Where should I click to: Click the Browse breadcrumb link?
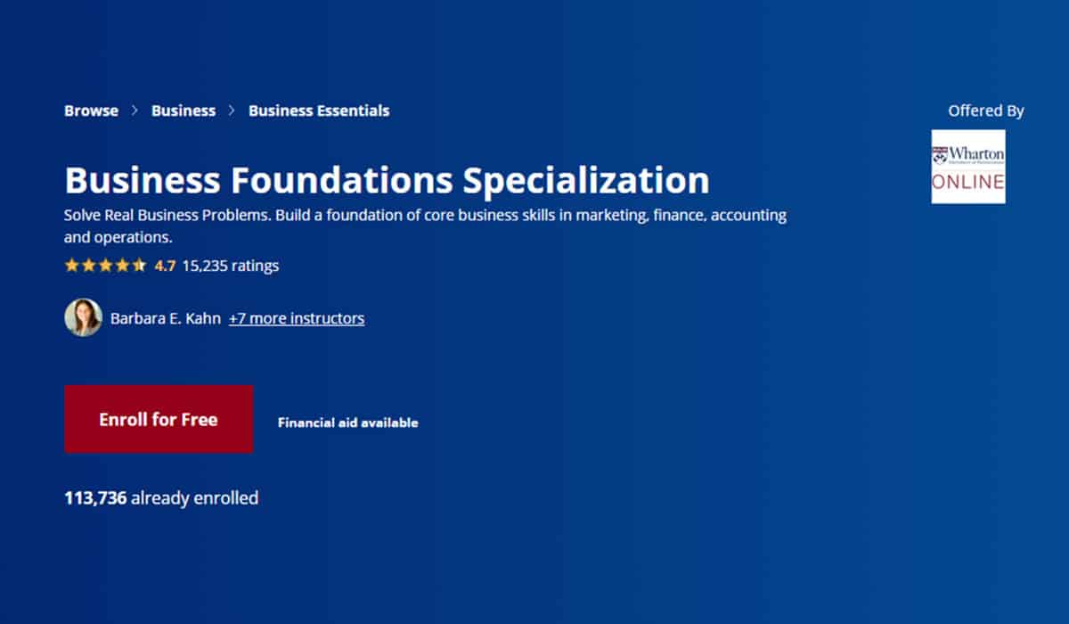pos(91,111)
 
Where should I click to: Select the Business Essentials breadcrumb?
pos(319,111)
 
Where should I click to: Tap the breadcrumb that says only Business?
pos(184,111)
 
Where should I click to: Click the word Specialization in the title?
pos(586,181)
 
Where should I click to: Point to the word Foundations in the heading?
pos(342,180)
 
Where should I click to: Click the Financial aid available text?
pos(348,423)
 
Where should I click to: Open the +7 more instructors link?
pos(297,318)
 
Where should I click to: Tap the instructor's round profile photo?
pos(84,317)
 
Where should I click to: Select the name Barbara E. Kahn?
pos(166,318)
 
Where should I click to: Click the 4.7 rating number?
pos(165,266)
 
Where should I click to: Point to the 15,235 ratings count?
pos(231,266)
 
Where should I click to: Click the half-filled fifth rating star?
pos(139,265)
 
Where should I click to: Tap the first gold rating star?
pos(71,265)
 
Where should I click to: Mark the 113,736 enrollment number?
pos(95,498)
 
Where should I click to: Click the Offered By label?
pos(986,111)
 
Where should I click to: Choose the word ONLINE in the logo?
pos(968,182)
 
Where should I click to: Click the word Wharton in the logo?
pos(976,153)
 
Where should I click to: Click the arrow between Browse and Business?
pos(135,111)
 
